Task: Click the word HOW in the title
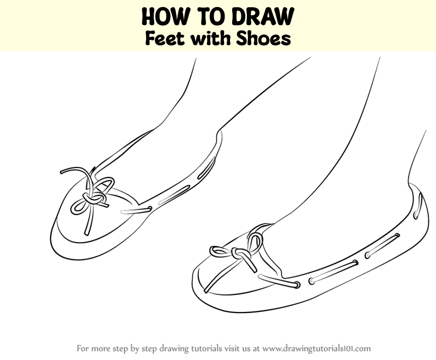coord(162,16)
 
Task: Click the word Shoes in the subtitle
coord(263,38)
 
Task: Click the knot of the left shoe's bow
coord(94,199)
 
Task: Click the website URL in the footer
coord(317,349)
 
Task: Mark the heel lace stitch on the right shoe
coord(417,205)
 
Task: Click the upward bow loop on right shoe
coord(255,242)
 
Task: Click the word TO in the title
coord(208,16)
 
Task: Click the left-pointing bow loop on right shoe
coord(220,251)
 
